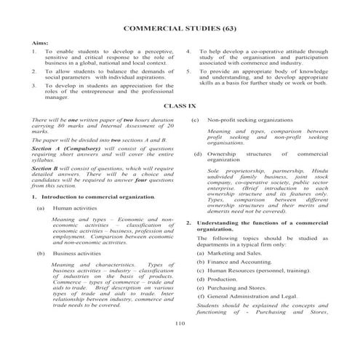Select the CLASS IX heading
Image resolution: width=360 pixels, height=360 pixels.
coord(180,106)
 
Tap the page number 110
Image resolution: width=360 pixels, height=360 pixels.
coord(180,321)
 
